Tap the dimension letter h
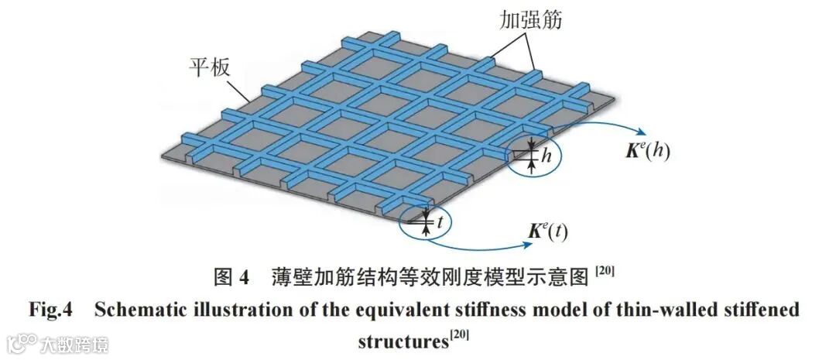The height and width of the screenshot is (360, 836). (x=546, y=156)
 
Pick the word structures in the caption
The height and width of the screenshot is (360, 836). (x=402, y=341)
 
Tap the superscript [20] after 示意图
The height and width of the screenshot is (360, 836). (x=605, y=270)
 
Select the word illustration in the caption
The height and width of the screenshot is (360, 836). (x=224, y=310)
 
